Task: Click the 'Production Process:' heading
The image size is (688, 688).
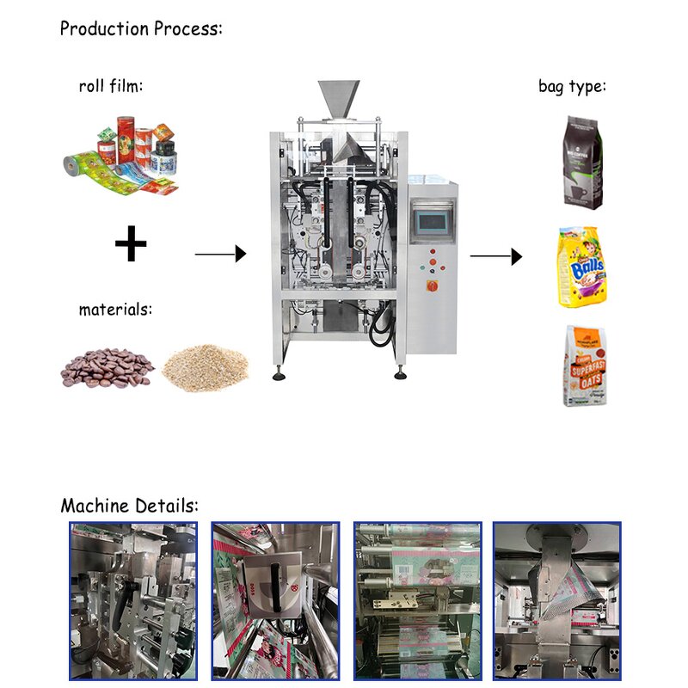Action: tap(141, 28)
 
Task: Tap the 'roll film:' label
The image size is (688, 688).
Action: tap(110, 86)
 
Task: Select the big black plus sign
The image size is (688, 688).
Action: tap(131, 245)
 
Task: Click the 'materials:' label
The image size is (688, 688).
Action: tap(115, 309)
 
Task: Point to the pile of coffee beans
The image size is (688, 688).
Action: tap(107, 368)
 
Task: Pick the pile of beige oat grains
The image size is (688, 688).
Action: tap(206, 366)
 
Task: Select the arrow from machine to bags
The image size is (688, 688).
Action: tap(496, 256)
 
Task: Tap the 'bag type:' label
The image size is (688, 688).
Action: tap(572, 86)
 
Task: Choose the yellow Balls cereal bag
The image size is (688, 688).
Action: tap(582, 267)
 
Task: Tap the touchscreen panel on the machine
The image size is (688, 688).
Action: tap(431, 221)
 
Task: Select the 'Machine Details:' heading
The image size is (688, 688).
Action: tap(129, 505)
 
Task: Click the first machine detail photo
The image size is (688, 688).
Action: tap(132, 600)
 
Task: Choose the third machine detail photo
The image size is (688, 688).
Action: tap(418, 600)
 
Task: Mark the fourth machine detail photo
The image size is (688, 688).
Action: tap(556, 600)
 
